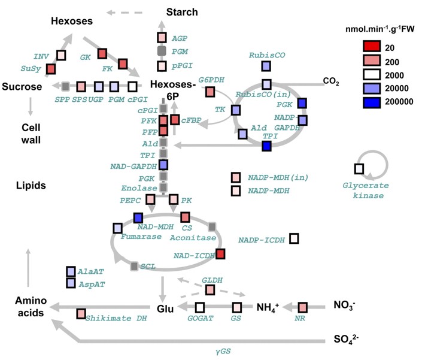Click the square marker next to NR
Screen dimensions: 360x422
click(302, 307)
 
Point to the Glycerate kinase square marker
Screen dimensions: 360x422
click(359, 168)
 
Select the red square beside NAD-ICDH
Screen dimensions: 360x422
click(220, 254)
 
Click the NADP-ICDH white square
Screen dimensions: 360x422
click(294, 238)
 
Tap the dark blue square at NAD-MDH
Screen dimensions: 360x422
click(138, 218)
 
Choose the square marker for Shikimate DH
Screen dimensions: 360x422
click(81, 314)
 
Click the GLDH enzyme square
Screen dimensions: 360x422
click(210, 290)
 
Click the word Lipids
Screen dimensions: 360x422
click(31, 186)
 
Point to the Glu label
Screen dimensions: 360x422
click(165, 308)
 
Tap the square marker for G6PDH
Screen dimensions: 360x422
click(210, 92)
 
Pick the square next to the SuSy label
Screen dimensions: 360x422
click(50, 68)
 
